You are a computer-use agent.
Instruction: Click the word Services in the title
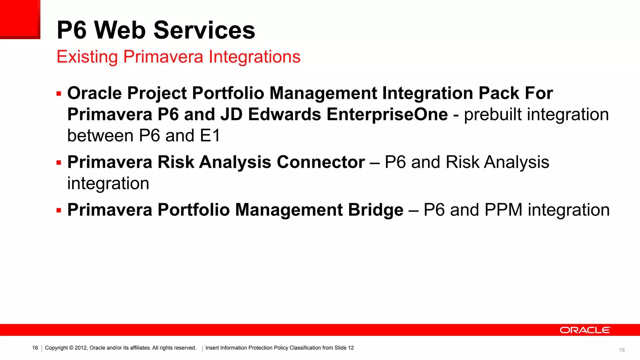pyautogui.click(x=204, y=30)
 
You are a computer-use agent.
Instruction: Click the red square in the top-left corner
pyautogui.click(x=20, y=19)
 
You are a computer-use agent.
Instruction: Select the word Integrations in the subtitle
pyautogui.click(x=254, y=57)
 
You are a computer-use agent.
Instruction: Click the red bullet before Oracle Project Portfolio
pyautogui.click(x=59, y=94)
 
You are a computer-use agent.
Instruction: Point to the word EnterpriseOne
pyautogui.click(x=387, y=114)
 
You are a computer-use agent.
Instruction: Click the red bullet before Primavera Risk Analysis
pyautogui.click(x=59, y=163)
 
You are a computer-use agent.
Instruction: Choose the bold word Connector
pyautogui.click(x=321, y=162)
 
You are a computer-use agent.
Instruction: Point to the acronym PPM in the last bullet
pyautogui.click(x=503, y=210)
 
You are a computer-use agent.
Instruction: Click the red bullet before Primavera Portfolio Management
pyautogui.click(x=59, y=210)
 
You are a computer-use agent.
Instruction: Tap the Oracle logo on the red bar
pyautogui.click(x=585, y=330)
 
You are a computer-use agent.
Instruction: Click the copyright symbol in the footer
pyautogui.click(x=71, y=348)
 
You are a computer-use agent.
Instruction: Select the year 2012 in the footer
pyautogui.click(x=81, y=348)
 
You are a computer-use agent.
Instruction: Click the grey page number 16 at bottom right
pyautogui.click(x=622, y=350)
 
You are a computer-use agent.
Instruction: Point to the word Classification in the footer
pyautogui.click(x=305, y=348)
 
